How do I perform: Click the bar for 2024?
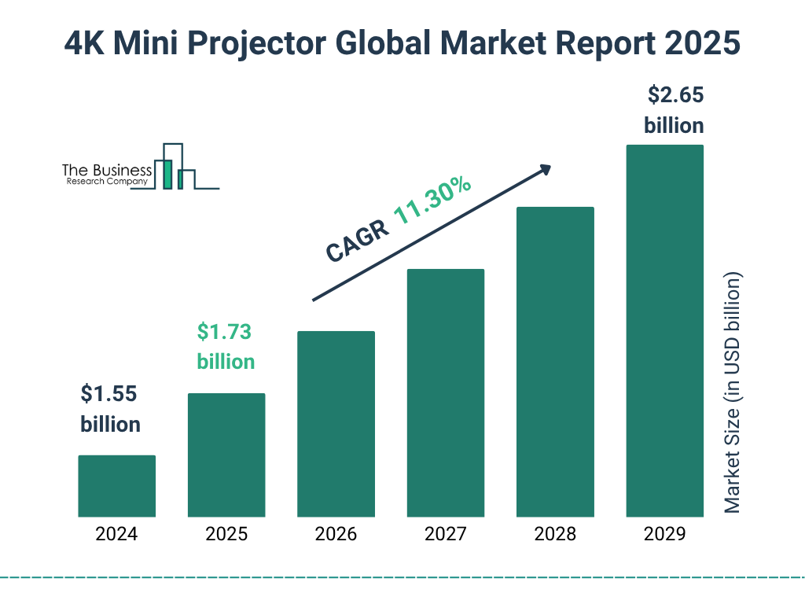116,486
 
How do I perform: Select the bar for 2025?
226,455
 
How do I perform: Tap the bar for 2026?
336,424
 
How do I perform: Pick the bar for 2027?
445,392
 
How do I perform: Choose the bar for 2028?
555,362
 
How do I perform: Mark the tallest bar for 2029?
664,330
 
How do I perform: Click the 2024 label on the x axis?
116,535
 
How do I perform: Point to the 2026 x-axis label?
336,535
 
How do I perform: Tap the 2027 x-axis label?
445,535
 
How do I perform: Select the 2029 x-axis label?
664,535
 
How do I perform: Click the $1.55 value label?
110,394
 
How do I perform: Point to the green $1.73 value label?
225,332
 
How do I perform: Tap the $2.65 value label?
675,96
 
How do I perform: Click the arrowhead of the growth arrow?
544,170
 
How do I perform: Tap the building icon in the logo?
175,167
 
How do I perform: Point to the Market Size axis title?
733,393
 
